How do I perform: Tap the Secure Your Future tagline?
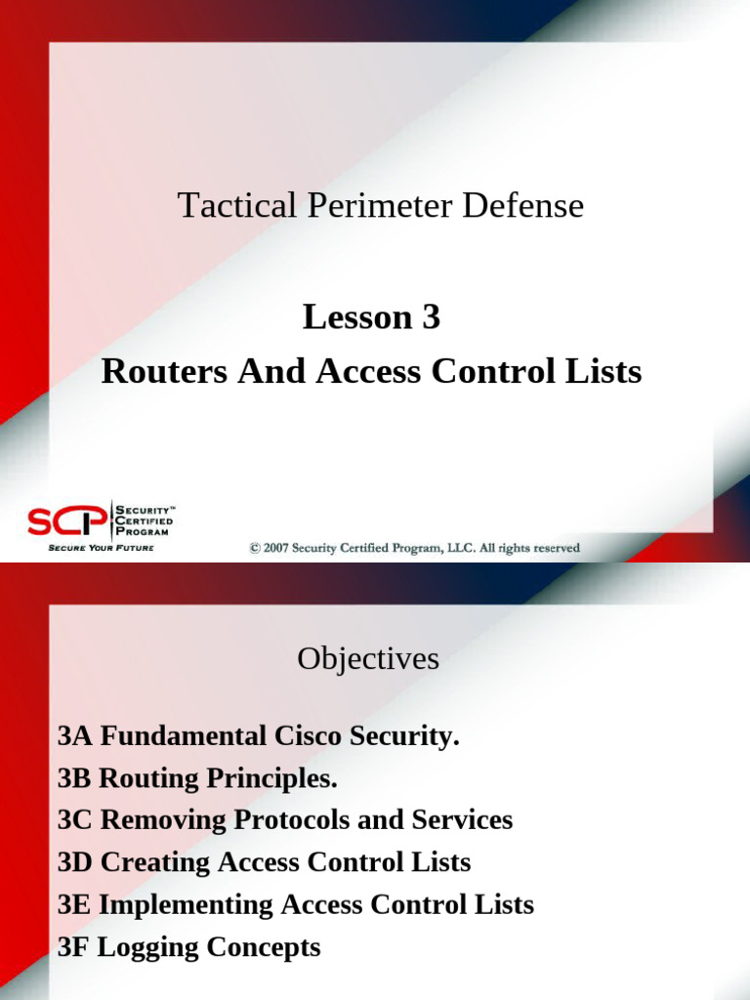101,548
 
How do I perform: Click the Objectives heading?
368,659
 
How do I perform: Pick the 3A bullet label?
75,737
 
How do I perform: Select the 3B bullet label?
75,779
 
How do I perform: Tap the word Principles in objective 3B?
272,779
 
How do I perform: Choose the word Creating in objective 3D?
156,862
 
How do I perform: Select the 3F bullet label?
74,946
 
